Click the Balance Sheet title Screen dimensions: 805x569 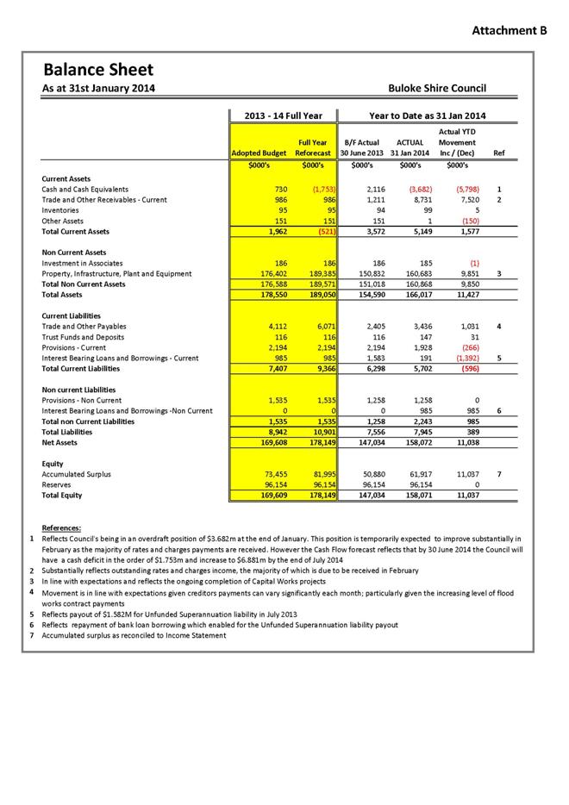pyautogui.click(x=98, y=69)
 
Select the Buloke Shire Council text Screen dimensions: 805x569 pyautogui.click(x=437, y=88)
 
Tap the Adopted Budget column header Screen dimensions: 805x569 pyautogui.click(x=259, y=153)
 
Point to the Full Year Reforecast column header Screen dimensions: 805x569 pyautogui.click(x=313, y=147)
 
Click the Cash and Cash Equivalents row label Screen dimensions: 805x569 pyautogui.click(x=85, y=189)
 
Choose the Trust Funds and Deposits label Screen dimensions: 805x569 pyautogui.click(x=83, y=337)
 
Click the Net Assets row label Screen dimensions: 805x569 pyautogui.click(x=59, y=442)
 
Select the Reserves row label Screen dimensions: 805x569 pyautogui.click(x=58, y=484)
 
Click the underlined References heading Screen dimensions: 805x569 pyautogui.click(x=62, y=527)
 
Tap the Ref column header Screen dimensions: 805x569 pyautogui.click(x=497, y=153)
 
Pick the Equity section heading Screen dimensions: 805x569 pyautogui.click(x=53, y=464)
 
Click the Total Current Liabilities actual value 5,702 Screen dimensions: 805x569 pyautogui.click(x=410, y=368)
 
